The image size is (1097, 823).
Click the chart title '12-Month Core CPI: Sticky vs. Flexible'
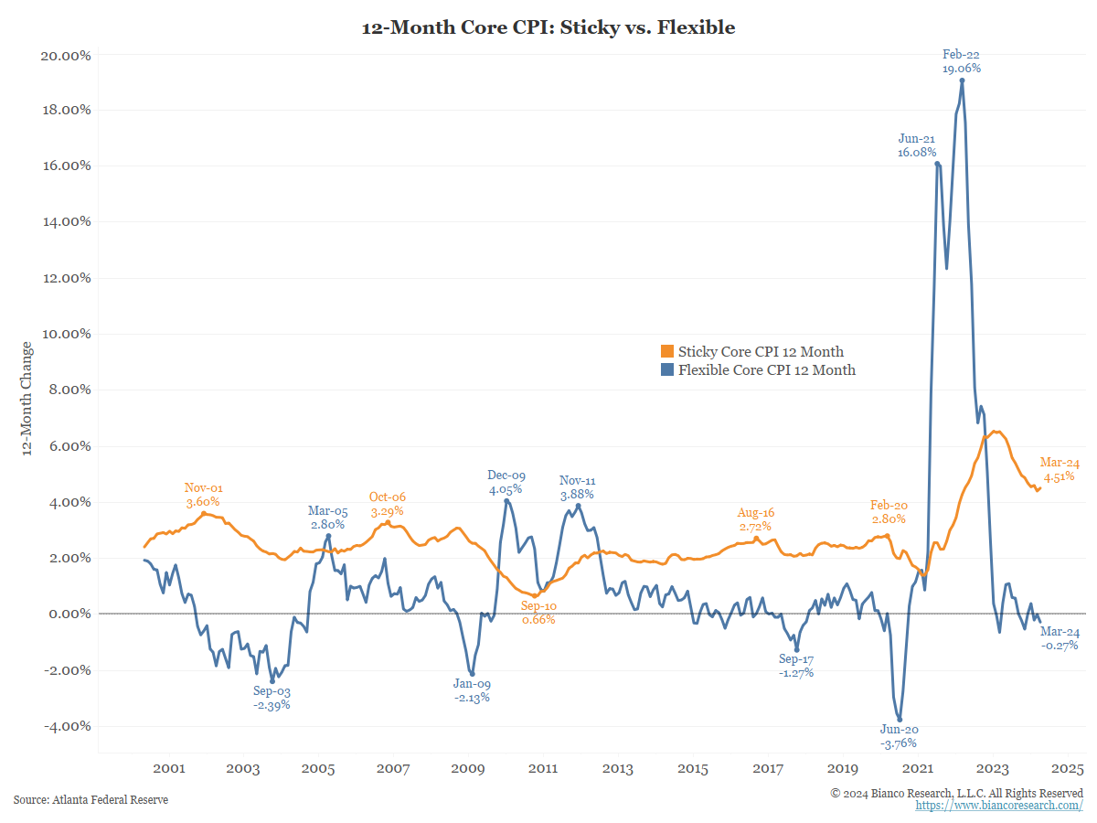(x=548, y=27)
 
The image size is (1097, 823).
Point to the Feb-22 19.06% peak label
(x=962, y=61)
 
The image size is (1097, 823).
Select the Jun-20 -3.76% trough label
(x=899, y=736)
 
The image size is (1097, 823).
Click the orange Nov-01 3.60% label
(x=203, y=495)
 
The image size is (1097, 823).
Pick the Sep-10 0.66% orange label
(x=538, y=612)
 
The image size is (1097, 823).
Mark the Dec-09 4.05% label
(x=506, y=482)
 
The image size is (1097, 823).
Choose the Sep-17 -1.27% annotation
(x=796, y=666)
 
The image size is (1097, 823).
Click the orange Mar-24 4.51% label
(x=1060, y=468)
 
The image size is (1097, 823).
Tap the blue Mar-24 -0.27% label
(x=1060, y=638)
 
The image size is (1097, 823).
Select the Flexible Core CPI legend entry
(x=758, y=370)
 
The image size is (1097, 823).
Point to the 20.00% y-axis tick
(x=66, y=55)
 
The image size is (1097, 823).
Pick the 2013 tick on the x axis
(x=618, y=769)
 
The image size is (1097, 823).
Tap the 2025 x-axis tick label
(x=1068, y=769)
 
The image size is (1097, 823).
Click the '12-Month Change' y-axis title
(x=27, y=398)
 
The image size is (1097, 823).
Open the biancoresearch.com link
(x=999, y=806)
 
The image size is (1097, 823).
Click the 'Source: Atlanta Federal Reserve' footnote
(x=91, y=800)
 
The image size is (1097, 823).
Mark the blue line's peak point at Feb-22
(x=963, y=80)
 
